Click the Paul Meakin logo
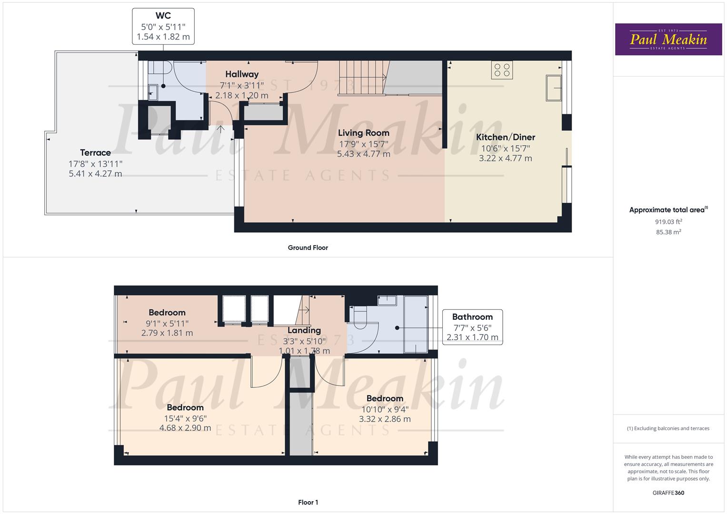click(668, 39)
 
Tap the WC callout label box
click(163, 26)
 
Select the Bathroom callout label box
click(472, 327)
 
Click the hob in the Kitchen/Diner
click(502, 70)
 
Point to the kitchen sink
click(554, 88)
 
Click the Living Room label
click(364, 133)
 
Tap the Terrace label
click(95, 153)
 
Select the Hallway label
click(242, 74)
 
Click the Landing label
click(304, 330)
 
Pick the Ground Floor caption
click(308, 247)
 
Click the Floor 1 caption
click(308, 502)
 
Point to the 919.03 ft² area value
click(668, 222)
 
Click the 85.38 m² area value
click(668, 232)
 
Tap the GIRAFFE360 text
click(668, 493)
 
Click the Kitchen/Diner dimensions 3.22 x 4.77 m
click(505, 158)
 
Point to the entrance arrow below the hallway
click(221, 129)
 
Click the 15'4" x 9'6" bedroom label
click(185, 418)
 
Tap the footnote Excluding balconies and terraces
click(668, 428)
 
